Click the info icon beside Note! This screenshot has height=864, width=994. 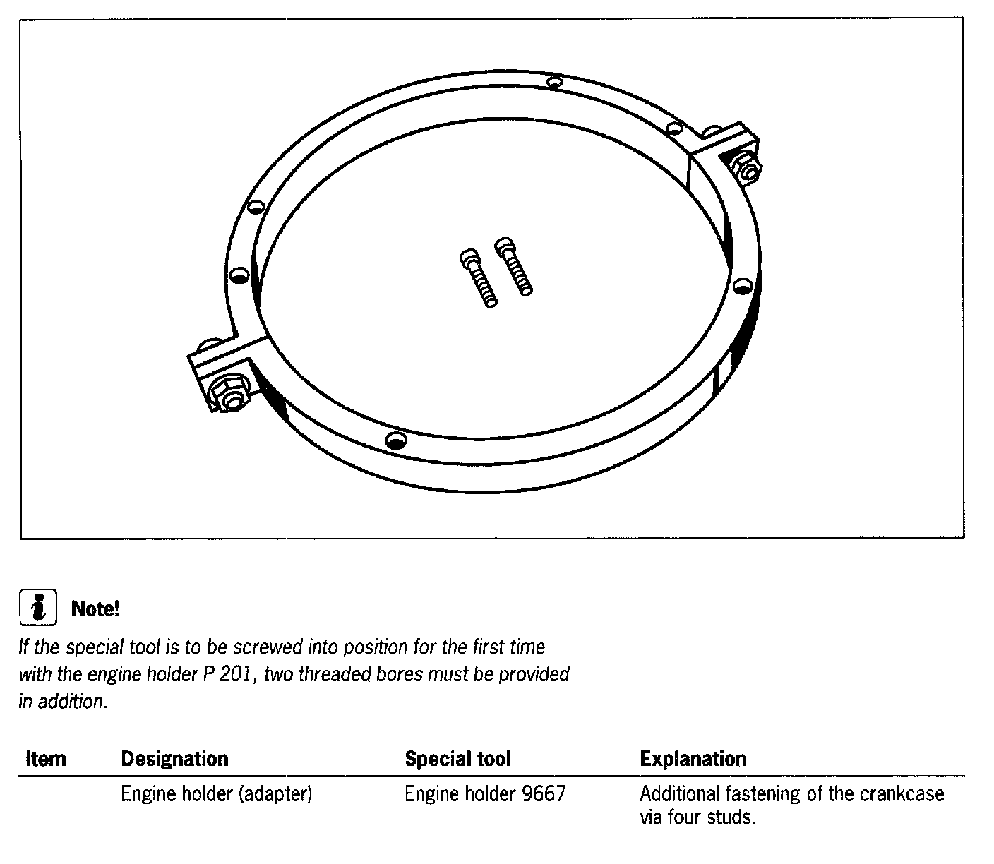tap(37, 608)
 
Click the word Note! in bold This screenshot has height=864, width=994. tap(95, 608)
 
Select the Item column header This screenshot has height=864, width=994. tap(45, 759)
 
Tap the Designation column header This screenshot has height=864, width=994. tap(174, 759)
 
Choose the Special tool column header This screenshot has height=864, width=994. tap(457, 759)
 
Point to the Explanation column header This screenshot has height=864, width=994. tap(693, 759)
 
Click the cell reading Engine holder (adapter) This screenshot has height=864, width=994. tap(216, 794)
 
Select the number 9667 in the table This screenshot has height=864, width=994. tap(544, 794)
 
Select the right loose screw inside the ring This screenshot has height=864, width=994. tap(514, 265)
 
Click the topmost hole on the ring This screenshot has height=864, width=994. tap(556, 83)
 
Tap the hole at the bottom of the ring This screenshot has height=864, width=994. tap(396, 440)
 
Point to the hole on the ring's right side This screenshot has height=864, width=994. tap(741, 286)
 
